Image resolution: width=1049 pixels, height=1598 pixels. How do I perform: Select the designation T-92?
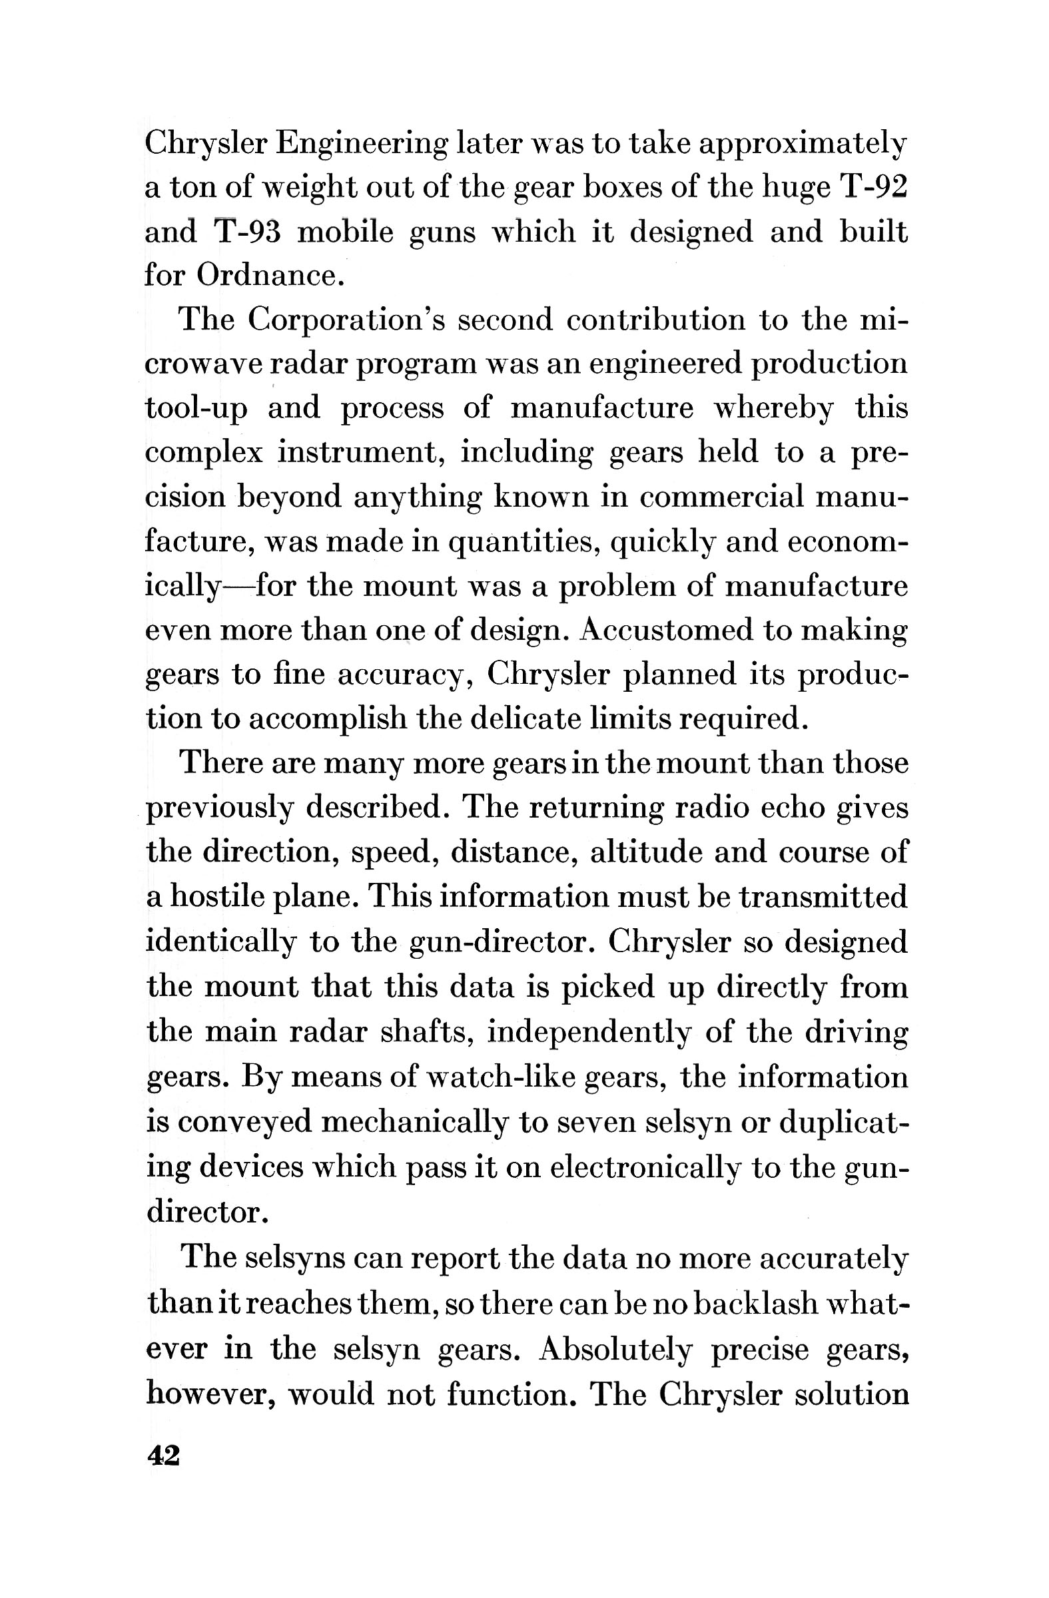click(873, 187)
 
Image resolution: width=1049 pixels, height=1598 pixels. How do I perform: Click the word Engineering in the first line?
click(362, 144)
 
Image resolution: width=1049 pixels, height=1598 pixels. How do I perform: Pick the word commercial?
click(721, 497)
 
